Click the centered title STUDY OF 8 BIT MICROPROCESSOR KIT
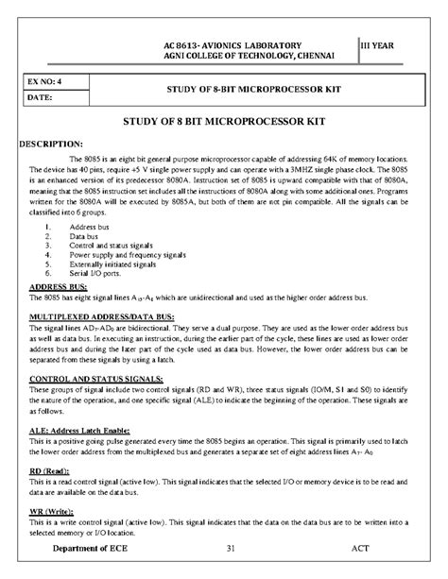pos(223,123)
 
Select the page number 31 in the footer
pos(232,549)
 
